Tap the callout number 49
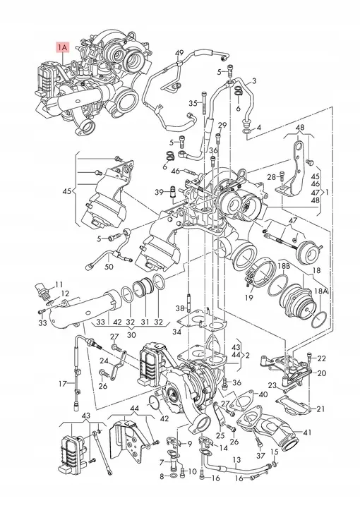[179, 53]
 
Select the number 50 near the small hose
[108, 267]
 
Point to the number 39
[160, 191]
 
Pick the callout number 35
[192, 104]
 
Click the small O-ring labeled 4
[245, 131]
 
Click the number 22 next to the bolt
[322, 358]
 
